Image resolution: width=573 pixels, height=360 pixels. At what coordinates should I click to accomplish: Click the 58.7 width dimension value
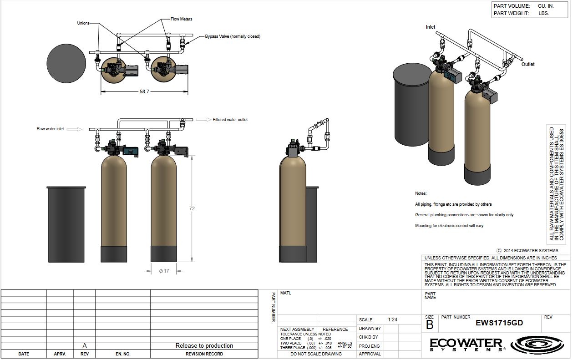point(144,91)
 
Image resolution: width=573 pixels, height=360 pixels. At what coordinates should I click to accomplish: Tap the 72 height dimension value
point(192,208)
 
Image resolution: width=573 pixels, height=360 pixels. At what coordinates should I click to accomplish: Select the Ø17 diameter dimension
point(164,271)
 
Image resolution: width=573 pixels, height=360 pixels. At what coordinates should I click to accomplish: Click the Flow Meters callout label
point(181,19)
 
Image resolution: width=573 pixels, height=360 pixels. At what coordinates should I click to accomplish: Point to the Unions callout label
point(83,23)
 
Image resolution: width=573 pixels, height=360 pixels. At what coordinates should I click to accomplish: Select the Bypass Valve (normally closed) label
point(233,36)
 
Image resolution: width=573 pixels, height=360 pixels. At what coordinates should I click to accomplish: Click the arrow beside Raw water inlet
point(75,129)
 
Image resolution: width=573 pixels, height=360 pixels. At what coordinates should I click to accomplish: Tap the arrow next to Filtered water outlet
point(203,120)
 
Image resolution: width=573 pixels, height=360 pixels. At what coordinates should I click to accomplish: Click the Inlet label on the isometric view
point(431,27)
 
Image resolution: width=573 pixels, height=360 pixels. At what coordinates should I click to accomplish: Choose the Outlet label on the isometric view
point(528,64)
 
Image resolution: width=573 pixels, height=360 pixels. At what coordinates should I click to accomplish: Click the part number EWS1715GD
point(499,323)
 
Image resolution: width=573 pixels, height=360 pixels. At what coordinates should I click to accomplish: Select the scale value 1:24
point(392,319)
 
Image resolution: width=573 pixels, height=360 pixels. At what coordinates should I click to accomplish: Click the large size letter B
point(430,325)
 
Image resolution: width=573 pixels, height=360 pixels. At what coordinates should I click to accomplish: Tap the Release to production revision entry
point(204,346)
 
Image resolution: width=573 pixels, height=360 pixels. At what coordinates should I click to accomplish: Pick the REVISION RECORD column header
point(204,354)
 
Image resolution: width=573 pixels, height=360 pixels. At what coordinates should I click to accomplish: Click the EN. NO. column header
point(123,354)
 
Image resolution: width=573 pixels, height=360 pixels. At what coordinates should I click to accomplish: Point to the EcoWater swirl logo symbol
point(537,345)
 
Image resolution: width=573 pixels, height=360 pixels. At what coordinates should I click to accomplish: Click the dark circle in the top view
point(66,63)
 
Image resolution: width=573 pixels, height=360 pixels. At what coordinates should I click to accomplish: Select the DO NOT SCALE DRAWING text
point(316,354)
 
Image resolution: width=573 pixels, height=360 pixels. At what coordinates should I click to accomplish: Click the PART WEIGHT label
point(511,13)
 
